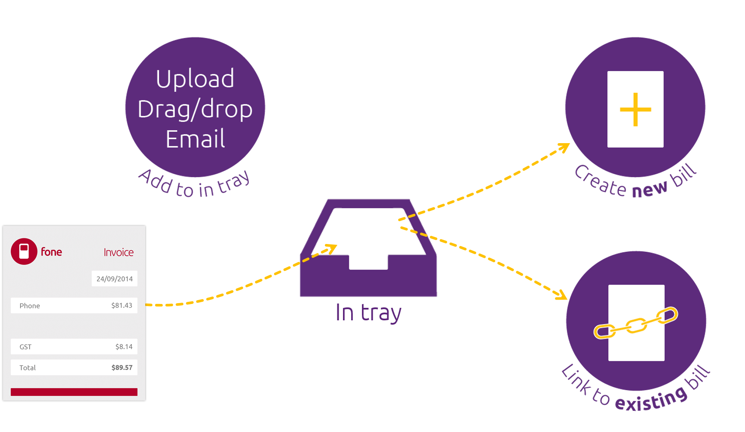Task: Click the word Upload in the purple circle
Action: click(195, 79)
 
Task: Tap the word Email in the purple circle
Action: click(195, 139)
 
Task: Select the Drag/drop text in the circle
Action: click(195, 109)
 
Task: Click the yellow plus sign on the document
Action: click(635, 110)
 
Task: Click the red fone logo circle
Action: click(24, 251)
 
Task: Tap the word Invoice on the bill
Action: click(118, 252)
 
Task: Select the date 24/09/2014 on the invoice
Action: click(115, 279)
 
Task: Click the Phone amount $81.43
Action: click(122, 305)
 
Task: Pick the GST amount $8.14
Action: click(124, 347)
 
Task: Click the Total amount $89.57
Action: click(122, 368)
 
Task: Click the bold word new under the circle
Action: click(649, 189)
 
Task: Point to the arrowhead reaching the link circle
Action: click(561, 295)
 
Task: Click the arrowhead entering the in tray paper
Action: click(331, 248)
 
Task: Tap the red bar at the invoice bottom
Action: click(74, 392)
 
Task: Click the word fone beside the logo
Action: click(51, 252)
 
